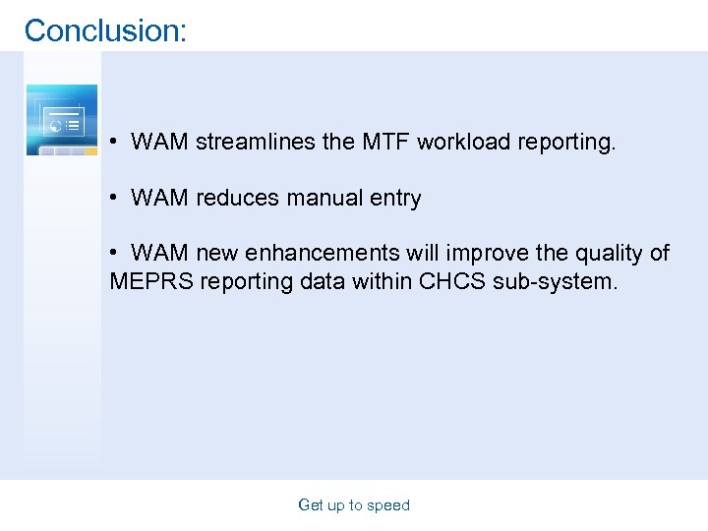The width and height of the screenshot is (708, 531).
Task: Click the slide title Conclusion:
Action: (x=105, y=30)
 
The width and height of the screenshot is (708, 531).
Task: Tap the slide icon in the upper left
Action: (x=62, y=120)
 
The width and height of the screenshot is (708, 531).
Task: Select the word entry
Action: (x=395, y=198)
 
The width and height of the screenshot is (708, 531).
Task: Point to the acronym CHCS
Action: (x=450, y=282)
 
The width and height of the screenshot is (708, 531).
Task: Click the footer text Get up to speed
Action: (x=354, y=505)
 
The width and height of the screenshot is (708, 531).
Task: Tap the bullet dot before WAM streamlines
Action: (x=115, y=143)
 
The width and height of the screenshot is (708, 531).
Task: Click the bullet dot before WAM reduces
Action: (x=115, y=199)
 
